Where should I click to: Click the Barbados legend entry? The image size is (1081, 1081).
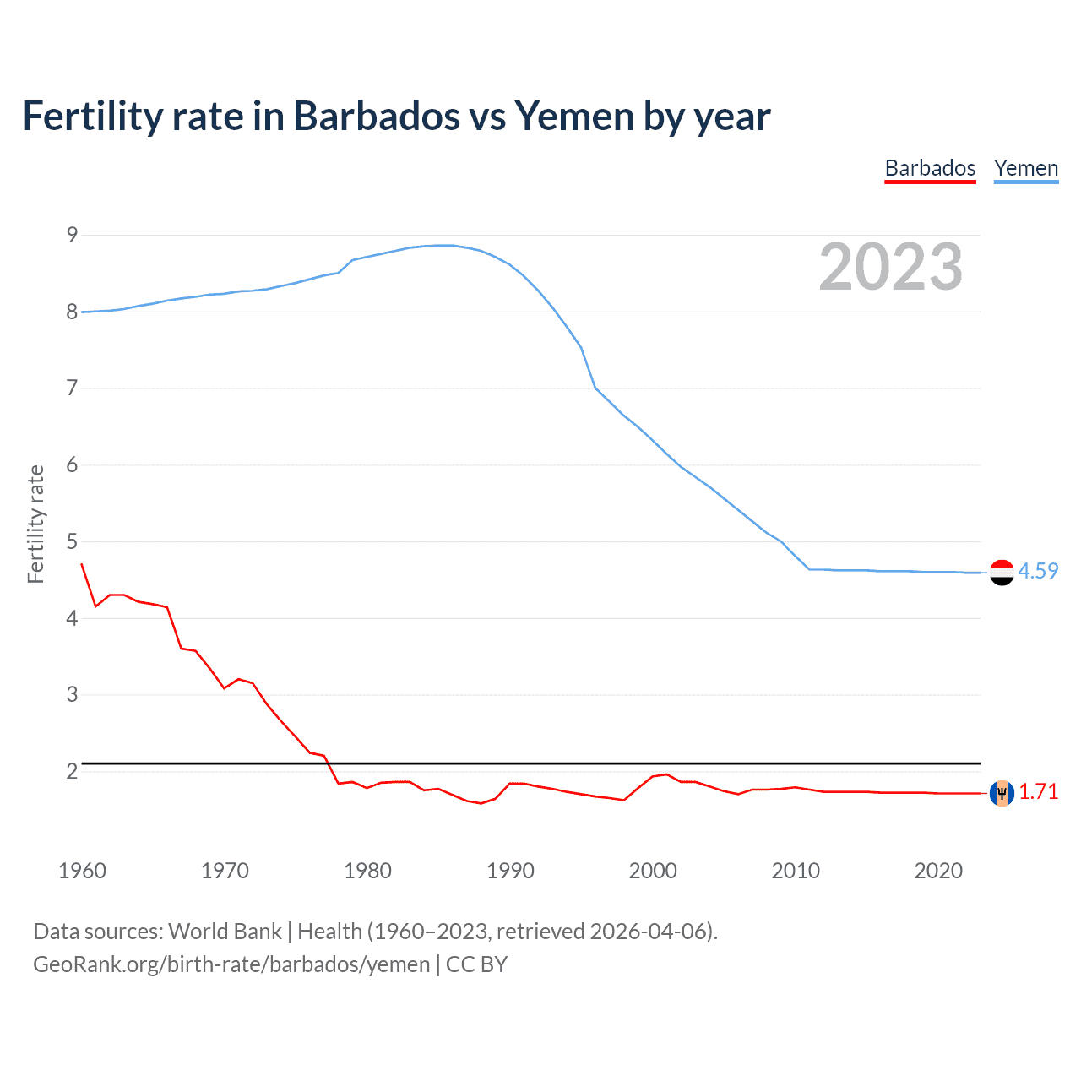click(x=930, y=168)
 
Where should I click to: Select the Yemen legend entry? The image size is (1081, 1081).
click(x=1025, y=168)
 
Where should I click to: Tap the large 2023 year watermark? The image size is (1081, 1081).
click(x=891, y=267)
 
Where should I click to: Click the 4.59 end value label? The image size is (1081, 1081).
click(x=1038, y=571)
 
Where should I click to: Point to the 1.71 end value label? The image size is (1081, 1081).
click(x=1038, y=791)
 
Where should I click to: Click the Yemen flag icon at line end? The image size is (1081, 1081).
click(x=1002, y=572)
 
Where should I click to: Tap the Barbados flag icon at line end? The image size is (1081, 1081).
click(x=1002, y=793)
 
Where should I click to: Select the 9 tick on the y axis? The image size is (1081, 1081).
click(x=72, y=235)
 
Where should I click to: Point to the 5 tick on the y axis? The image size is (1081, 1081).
click(x=72, y=541)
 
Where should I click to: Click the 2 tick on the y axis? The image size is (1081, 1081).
click(x=72, y=771)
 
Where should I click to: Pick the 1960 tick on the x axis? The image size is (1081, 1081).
click(x=82, y=871)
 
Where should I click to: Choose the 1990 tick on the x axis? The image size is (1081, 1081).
click(x=510, y=871)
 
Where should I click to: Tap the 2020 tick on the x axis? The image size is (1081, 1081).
click(x=938, y=871)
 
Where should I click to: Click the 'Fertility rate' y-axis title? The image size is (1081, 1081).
click(x=35, y=524)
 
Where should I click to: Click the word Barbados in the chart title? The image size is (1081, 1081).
click(x=377, y=116)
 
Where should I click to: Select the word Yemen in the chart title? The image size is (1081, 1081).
click(x=574, y=116)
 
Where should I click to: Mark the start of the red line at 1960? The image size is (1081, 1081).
click(x=82, y=564)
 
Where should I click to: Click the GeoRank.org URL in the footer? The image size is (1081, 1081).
click(x=231, y=964)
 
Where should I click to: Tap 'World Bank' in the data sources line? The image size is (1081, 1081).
click(x=225, y=932)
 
